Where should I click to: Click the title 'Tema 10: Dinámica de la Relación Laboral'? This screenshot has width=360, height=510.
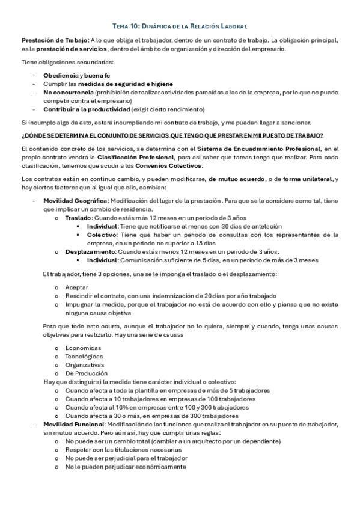(180, 26)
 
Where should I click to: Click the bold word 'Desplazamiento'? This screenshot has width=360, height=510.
(90, 251)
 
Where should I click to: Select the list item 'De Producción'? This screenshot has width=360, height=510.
(85, 373)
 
